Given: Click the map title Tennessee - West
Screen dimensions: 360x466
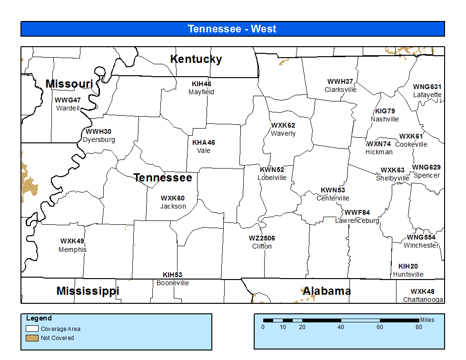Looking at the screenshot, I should point(232,29).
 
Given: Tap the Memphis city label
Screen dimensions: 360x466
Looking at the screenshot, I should point(72,250).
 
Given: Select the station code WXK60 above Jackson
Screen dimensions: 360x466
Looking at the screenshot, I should point(172,198).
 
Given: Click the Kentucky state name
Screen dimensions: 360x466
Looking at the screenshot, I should point(196,59).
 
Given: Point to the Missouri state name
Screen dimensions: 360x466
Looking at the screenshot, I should point(69,84).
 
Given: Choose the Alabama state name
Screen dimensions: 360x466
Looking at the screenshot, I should point(327,291).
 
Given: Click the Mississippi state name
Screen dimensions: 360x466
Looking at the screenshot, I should point(88,291).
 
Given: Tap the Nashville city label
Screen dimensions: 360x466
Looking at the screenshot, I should point(385,119).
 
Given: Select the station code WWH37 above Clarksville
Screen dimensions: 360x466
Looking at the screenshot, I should point(340,81).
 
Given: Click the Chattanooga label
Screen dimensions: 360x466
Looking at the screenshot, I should point(423,300).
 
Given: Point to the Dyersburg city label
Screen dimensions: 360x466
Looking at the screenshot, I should point(99,140).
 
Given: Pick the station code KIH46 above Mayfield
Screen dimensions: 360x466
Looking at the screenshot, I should point(201,84).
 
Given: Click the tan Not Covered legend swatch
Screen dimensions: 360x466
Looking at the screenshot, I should point(32,338).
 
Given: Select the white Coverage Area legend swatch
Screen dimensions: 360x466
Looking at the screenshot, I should point(32,329).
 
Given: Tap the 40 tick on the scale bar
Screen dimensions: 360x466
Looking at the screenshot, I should point(341,327).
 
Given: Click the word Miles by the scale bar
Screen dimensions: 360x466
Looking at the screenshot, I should point(427,320).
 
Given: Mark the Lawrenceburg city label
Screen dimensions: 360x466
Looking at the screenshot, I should point(357,220).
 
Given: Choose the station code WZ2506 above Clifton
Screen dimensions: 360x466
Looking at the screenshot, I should point(262,238).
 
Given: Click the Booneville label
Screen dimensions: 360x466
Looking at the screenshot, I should point(172,283).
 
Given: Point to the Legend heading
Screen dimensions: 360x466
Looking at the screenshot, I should point(39,318).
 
